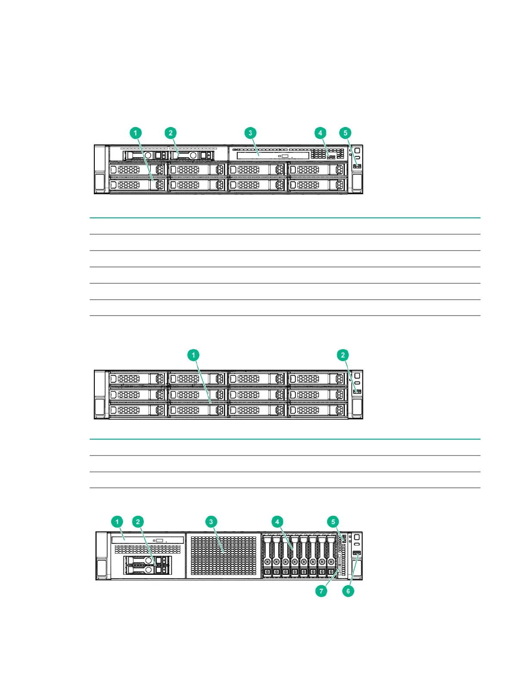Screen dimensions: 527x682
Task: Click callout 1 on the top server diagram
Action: click(x=136, y=133)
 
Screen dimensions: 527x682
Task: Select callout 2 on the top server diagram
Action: click(x=170, y=133)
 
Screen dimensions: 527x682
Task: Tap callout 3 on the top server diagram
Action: click(x=251, y=133)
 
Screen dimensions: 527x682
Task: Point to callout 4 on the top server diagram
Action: click(x=320, y=133)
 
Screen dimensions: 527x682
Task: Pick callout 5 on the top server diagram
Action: click(x=345, y=133)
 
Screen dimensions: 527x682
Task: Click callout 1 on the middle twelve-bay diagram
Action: click(x=193, y=355)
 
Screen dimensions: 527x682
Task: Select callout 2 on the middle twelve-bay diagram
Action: click(x=343, y=355)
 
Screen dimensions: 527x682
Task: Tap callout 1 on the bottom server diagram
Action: click(x=117, y=522)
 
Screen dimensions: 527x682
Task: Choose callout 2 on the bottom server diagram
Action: click(x=138, y=522)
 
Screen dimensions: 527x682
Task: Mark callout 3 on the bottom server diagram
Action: click(x=211, y=522)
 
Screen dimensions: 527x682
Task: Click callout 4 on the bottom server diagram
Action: click(x=277, y=522)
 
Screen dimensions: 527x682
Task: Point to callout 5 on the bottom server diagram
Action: click(x=333, y=522)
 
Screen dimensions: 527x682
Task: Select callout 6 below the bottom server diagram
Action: click(x=348, y=591)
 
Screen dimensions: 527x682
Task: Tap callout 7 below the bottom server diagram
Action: click(x=321, y=591)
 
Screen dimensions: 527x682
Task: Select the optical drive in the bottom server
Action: click(x=148, y=539)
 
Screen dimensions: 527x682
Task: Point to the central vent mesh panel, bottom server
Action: click(x=223, y=555)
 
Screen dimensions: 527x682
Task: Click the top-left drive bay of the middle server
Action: click(x=138, y=379)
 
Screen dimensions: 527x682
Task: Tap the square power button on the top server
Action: click(x=357, y=150)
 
